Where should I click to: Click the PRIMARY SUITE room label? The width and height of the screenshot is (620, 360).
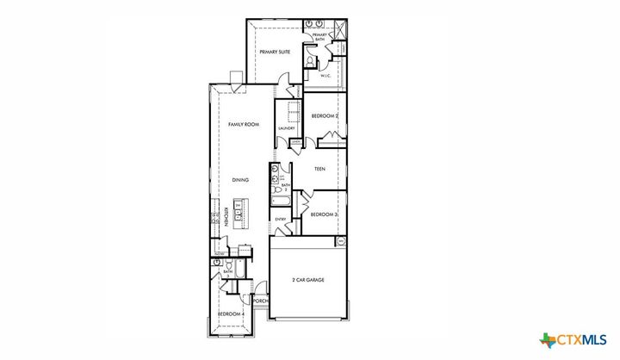pos(275,53)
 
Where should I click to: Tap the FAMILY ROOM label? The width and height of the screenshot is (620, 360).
pos(244,125)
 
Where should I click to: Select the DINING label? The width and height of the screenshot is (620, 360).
pos(241,180)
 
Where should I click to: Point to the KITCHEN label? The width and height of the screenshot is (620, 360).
pos(226,216)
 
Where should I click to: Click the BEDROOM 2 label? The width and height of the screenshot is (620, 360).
pos(324,115)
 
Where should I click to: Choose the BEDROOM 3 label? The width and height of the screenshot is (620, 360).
pos(323,214)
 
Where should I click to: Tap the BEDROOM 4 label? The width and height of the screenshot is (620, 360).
pos(230,314)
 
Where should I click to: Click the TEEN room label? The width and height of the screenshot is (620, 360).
pos(319,169)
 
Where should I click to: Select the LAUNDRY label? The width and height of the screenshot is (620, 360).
pos(287,129)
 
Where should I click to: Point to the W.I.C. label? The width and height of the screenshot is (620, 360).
pos(326,76)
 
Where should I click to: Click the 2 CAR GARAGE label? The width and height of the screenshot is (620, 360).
pos(307,280)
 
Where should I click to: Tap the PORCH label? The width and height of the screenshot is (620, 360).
pos(261,301)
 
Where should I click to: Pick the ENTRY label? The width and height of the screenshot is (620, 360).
pos(281,220)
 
